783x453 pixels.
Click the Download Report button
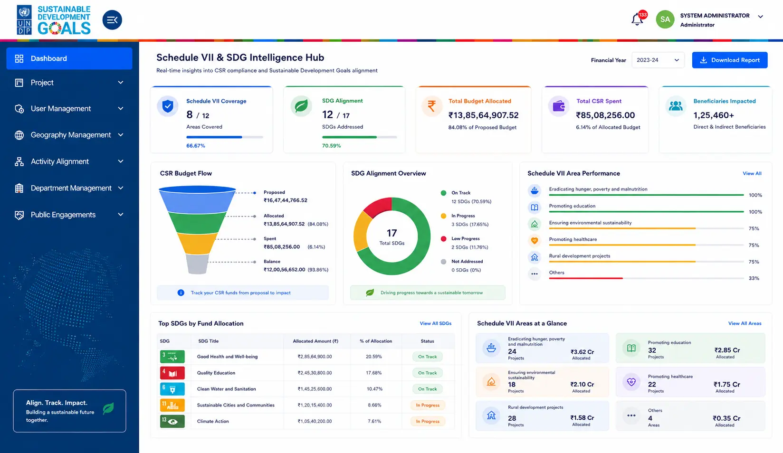pos(729,60)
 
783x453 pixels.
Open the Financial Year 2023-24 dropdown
pos(658,60)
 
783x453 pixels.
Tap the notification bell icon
pos(637,19)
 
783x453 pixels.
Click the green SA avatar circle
pos(665,19)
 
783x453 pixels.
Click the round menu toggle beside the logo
pos(112,20)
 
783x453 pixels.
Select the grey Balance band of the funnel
pos(197,264)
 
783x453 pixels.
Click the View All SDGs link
pos(436,323)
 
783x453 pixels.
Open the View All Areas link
pos(745,323)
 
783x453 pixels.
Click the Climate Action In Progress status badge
pos(428,421)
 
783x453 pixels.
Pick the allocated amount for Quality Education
pos(315,373)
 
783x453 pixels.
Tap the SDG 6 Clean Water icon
pos(172,389)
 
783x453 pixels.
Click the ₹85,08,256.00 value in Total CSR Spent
pos(605,115)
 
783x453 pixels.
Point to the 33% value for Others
pos(754,278)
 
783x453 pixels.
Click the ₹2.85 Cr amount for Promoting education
pos(727,350)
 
